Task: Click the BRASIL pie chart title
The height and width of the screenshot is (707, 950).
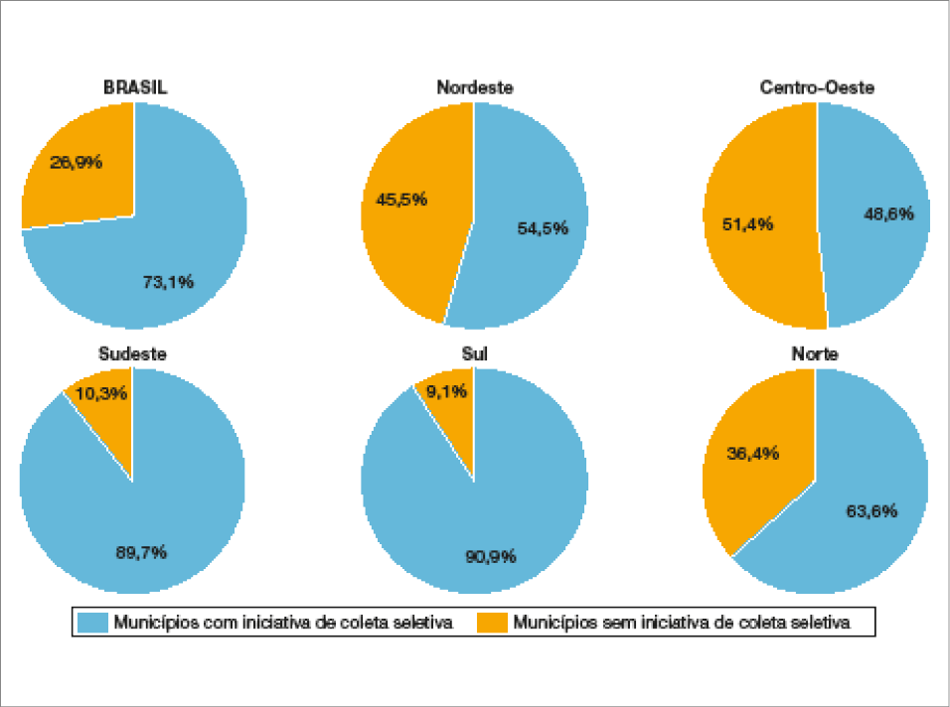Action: pyautogui.click(x=135, y=87)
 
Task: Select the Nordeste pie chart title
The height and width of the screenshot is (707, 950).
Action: pyautogui.click(x=475, y=87)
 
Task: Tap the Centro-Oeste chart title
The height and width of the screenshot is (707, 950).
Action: pyautogui.click(x=817, y=87)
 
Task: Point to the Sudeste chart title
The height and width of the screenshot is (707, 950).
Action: pyautogui.click(x=132, y=353)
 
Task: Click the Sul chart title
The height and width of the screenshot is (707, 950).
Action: pyautogui.click(x=475, y=353)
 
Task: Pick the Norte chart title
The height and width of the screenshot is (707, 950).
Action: pyautogui.click(x=814, y=353)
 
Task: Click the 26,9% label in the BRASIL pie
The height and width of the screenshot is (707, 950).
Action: pyautogui.click(x=77, y=161)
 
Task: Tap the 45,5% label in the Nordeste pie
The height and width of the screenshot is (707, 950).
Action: pyautogui.click(x=401, y=199)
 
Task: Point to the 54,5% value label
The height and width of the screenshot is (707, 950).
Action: pyautogui.click(x=543, y=228)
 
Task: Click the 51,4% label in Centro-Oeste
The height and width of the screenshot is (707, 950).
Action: pyautogui.click(x=747, y=223)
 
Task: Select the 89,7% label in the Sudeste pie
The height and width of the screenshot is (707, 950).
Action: pyautogui.click(x=140, y=551)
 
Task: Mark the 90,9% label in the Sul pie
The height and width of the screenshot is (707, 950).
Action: pyautogui.click(x=491, y=556)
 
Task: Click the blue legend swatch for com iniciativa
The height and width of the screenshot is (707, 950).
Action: pyautogui.click(x=92, y=623)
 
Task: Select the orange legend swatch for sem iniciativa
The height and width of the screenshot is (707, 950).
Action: pyautogui.click(x=493, y=623)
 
